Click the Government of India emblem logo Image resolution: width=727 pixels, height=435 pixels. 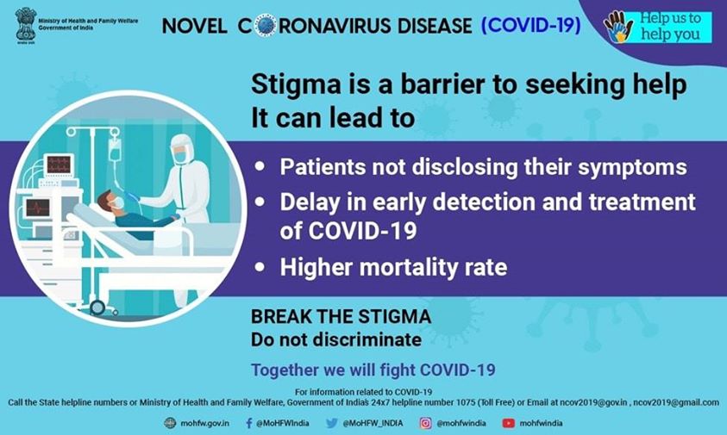click(x=26, y=25)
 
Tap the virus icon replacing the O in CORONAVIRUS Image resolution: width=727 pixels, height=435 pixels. click(x=266, y=25)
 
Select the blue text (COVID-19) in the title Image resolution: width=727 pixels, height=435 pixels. click(x=531, y=25)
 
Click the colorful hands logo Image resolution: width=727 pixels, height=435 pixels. click(x=618, y=27)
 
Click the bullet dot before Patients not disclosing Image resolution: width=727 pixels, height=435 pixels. click(x=260, y=166)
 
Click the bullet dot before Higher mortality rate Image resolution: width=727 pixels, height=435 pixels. click(x=260, y=267)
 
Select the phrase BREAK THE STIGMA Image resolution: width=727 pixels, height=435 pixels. click(x=342, y=317)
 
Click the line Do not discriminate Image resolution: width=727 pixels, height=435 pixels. click(x=336, y=339)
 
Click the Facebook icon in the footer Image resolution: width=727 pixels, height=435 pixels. click(x=249, y=423)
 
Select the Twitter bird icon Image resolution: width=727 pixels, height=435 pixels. click(x=331, y=423)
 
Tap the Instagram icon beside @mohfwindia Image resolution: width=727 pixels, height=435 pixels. click(x=426, y=423)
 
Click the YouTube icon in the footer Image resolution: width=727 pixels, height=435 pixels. click(x=508, y=423)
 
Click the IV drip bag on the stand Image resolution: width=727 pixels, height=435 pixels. click(x=114, y=148)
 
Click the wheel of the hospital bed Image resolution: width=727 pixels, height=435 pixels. click(x=97, y=308)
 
